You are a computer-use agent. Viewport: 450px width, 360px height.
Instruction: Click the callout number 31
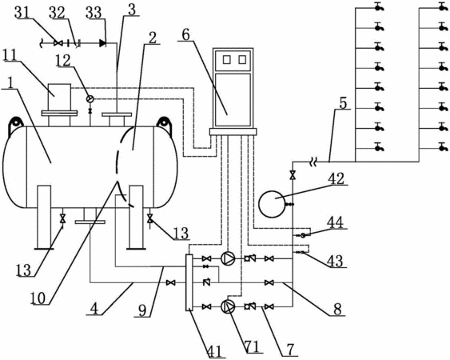[x=22, y=13]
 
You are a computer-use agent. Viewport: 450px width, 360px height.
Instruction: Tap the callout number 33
[x=94, y=13]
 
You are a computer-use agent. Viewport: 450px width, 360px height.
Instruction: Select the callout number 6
[x=186, y=34]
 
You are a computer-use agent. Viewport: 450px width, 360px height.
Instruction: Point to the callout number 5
[x=343, y=103]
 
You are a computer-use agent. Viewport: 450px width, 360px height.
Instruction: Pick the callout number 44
[x=336, y=222]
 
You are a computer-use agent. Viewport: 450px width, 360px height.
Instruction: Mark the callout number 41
[x=215, y=351]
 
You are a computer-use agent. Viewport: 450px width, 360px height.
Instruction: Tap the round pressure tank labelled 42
[x=272, y=204]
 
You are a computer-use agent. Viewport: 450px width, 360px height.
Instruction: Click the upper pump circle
[x=228, y=258]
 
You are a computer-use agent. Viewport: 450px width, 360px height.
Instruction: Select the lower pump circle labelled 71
[x=228, y=306]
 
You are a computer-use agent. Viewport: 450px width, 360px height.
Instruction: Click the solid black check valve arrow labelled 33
[x=102, y=43]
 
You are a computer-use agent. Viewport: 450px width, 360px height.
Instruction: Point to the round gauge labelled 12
[x=90, y=99]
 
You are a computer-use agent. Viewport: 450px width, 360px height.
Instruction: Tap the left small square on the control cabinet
[x=227, y=59]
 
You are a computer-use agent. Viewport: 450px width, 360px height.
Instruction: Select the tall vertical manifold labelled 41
[x=189, y=282]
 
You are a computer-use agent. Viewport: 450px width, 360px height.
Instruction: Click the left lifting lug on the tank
[x=14, y=124]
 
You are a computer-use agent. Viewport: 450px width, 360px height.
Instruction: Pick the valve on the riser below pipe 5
[x=293, y=175]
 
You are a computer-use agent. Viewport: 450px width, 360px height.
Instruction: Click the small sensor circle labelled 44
[x=304, y=235]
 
